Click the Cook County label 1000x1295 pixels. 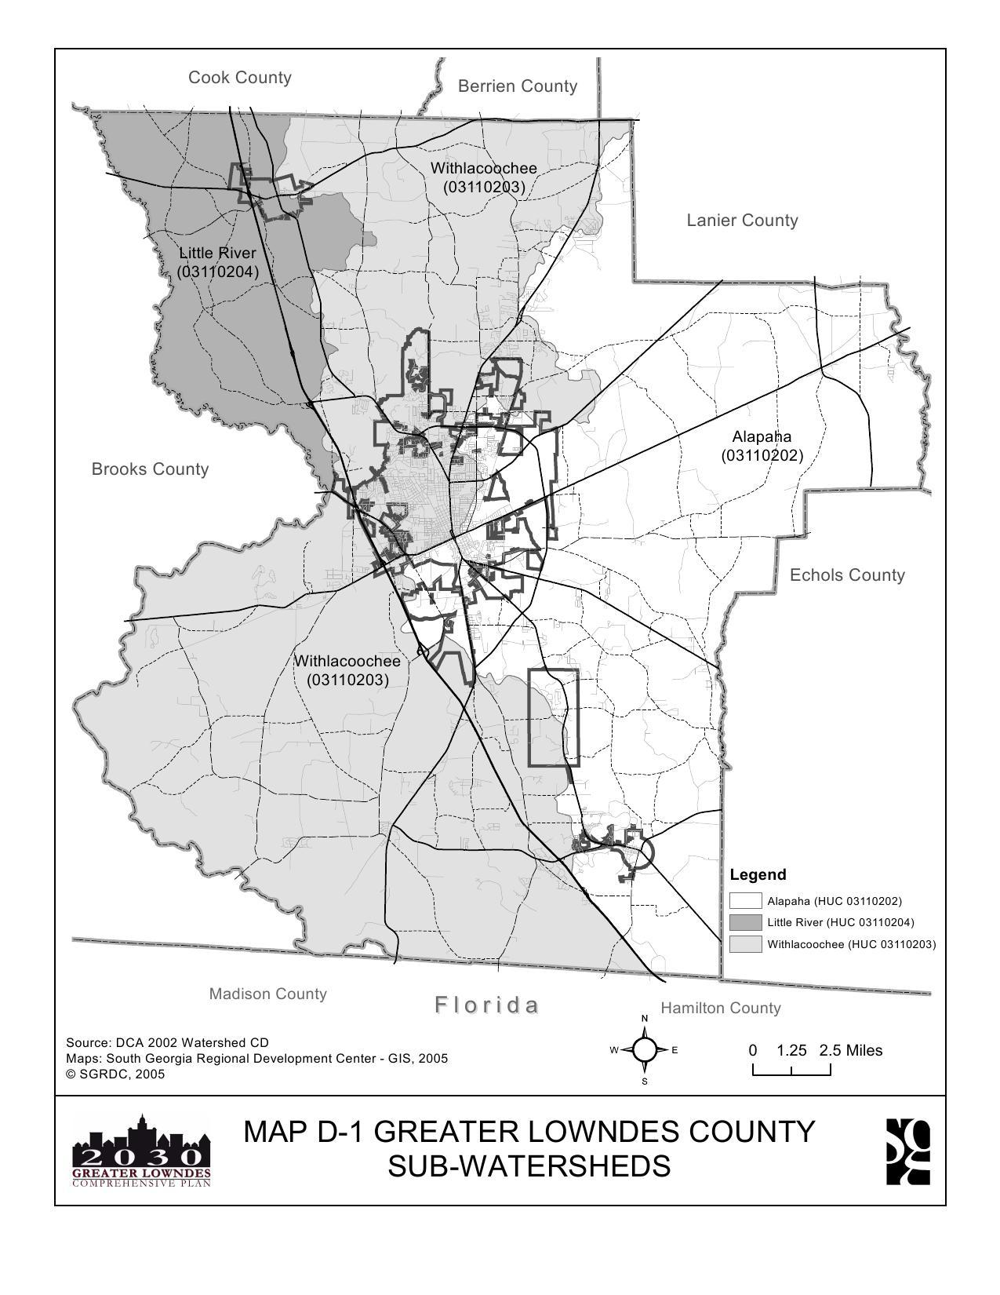[x=239, y=78]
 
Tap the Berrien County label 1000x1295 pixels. [x=517, y=86]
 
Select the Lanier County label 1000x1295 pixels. [x=742, y=221]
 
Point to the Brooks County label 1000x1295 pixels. [x=150, y=469]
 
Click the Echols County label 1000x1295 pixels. [x=847, y=575]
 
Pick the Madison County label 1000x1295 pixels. [x=267, y=994]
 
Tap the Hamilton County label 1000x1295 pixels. [x=720, y=1008]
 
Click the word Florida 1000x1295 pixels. [x=487, y=1005]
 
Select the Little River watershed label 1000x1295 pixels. [x=217, y=262]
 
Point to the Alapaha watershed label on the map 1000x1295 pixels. [x=762, y=446]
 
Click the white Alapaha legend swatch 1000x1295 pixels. [x=745, y=901]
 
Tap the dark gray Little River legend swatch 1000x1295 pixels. [x=745, y=922]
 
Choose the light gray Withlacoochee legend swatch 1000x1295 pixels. [x=745, y=944]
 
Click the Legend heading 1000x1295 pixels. [x=758, y=874]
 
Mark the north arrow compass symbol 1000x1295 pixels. [x=645, y=1050]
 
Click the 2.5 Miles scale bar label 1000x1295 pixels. [x=851, y=1050]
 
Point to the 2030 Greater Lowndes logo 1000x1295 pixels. [x=142, y=1151]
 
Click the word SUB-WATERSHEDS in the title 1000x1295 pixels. [x=529, y=1166]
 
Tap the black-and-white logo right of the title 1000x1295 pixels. [x=908, y=1151]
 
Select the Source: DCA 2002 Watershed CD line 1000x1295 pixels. [x=167, y=1042]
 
